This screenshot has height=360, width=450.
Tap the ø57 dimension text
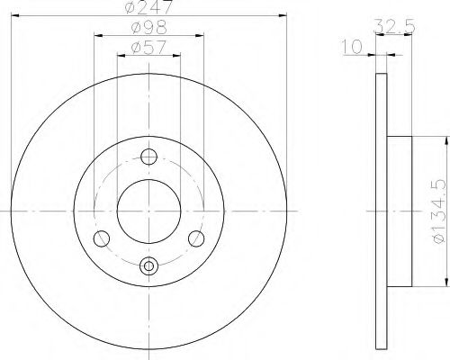[x=148, y=47]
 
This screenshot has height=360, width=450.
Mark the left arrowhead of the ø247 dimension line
[x=15, y=16]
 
